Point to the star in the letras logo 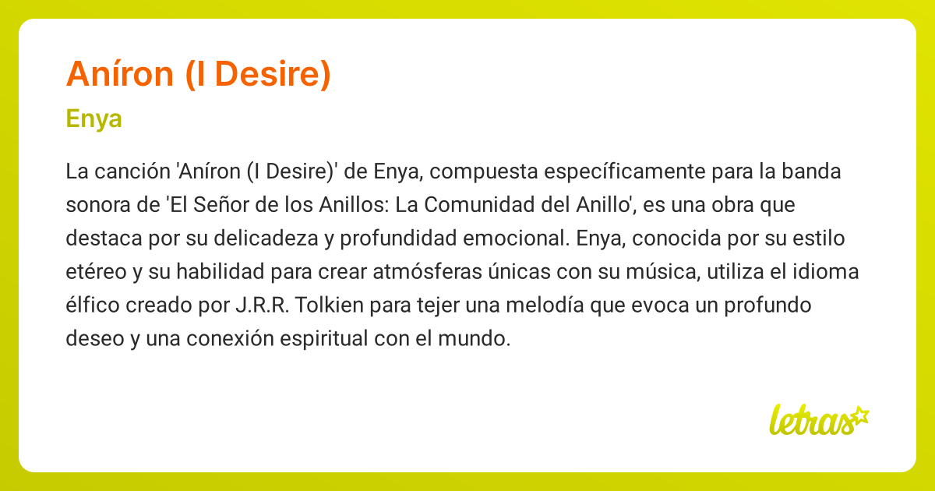859,415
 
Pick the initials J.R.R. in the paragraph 260,306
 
